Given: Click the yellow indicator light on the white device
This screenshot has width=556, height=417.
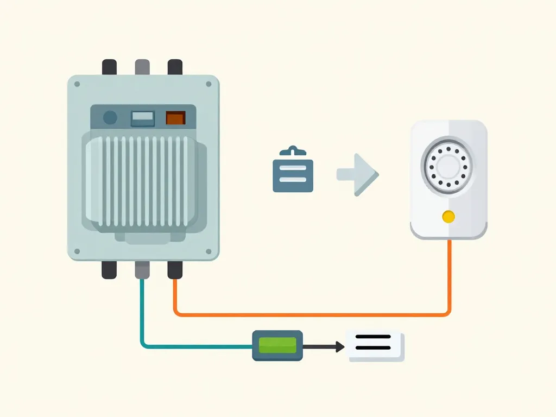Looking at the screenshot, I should click(448, 217).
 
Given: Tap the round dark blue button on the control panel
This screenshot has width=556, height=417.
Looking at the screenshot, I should click(110, 117).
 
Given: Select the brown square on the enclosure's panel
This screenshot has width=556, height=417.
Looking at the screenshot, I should click(175, 118).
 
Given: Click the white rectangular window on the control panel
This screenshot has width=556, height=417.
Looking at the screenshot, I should click(143, 118).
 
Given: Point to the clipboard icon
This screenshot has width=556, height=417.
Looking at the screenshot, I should click(293, 170).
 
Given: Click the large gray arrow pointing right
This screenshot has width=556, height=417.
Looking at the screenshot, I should click(358, 174).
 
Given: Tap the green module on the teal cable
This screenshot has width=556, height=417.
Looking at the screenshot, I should click(277, 345).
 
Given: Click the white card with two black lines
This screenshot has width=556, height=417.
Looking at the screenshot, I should click(375, 346).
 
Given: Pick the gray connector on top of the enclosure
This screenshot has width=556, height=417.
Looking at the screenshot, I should click(142, 67).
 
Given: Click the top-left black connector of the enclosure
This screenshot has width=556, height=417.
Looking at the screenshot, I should click(109, 67).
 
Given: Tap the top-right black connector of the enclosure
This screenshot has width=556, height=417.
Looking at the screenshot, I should click(175, 67).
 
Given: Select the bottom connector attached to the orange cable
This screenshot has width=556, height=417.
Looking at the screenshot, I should click(175, 269).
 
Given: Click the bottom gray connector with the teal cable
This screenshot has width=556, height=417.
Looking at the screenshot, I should click(142, 269).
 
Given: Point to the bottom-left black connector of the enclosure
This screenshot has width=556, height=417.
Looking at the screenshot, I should click(109, 269).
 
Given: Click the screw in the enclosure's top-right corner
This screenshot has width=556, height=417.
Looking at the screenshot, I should click(208, 84).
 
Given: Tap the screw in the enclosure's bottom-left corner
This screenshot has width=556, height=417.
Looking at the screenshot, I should click(77, 251).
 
